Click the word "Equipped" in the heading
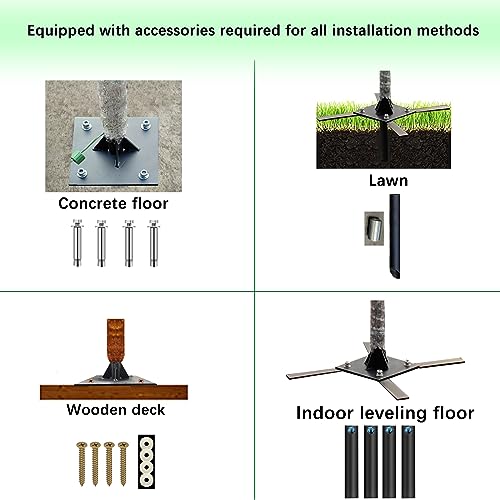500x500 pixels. point(61,31)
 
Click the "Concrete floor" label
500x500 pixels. point(113,203)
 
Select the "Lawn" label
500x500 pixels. point(388,181)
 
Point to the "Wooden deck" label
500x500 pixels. point(116,410)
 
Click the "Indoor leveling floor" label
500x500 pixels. point(385,413)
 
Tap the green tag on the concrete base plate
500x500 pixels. point(78,157)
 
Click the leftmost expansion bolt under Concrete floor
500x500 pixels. point(77,243)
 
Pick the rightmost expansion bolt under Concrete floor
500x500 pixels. point(154,243)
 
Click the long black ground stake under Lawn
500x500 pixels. point(395,236)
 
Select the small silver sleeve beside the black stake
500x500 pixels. point(375,229)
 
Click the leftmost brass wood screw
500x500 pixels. point(82,463)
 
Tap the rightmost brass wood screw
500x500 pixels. point(123,463)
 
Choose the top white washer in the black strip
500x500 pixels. point(146,444)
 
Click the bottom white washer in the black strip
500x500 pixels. point(146,480)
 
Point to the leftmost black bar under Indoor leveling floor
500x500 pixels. point(351,461)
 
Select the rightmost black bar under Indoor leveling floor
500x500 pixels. point(408,461)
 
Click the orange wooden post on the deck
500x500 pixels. point(116,342)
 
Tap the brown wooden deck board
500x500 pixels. point(114,392)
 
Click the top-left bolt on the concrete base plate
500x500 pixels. point(87,125)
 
